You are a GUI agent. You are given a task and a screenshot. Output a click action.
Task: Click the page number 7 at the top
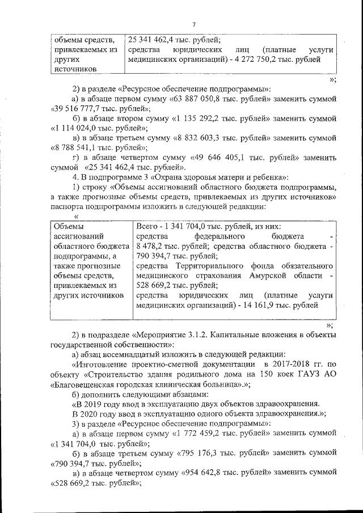(193, 24)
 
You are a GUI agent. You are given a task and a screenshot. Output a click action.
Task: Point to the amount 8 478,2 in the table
(152, 247)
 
